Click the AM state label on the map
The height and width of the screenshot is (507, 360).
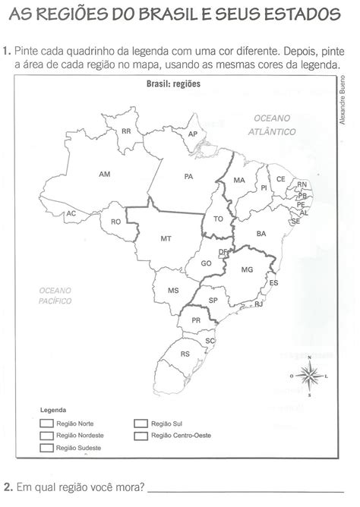(105, 175)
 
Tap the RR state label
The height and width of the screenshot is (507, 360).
(127, 131)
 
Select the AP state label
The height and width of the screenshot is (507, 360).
(193, 134)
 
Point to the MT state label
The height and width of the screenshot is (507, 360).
(166, 238)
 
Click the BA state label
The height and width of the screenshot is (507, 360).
(261, 234)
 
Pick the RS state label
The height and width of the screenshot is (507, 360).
(185, 354)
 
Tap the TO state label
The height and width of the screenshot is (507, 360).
(219, 219)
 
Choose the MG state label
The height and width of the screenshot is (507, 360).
(246, 269)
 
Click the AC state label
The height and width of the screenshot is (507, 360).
(71, 214)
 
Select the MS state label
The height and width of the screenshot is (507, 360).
(173, 291)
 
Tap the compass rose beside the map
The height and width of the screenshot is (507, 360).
(308, 375)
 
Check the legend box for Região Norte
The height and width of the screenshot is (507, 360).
(47, 424)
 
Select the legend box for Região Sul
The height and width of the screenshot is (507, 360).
(140, 424)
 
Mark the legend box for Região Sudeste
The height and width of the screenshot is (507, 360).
(47, 449)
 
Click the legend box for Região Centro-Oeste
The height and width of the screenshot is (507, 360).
(140, 436)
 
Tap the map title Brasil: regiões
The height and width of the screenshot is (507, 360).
(174, 83)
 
